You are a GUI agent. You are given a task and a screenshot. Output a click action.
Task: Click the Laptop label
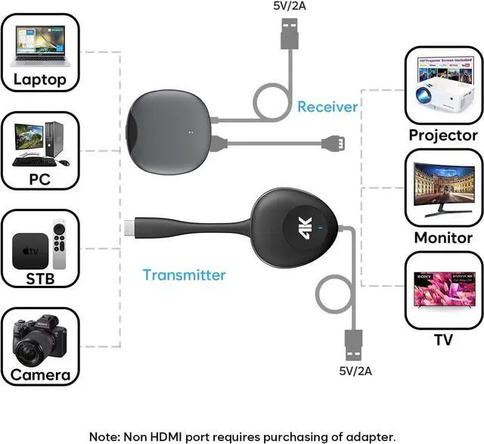point(40,79)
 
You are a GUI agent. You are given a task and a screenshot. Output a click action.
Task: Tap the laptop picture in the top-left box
point(39,46)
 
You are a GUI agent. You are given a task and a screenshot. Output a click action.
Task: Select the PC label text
point(39,180)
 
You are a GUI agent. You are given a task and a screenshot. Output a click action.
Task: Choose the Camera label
point(40,374)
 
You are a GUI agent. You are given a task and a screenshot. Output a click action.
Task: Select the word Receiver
point(327,107)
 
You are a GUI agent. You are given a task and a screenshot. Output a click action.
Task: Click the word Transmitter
point(185,275)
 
